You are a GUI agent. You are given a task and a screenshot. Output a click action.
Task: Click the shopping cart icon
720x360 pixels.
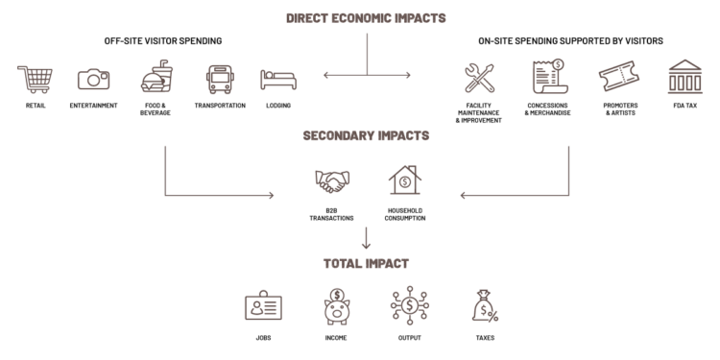click(x=34, y=79)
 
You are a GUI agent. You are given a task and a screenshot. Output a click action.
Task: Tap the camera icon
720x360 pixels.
click(x=93, y=79)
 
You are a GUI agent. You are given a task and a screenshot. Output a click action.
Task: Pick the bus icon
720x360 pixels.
click(x=220, y=79)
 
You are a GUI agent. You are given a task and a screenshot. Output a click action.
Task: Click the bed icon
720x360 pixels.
click(x=277, y=79)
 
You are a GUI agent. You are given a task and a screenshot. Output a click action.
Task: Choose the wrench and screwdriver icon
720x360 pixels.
click(x=479, y=79)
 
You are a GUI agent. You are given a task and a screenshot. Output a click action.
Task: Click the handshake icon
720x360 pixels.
click(x=333, y=181)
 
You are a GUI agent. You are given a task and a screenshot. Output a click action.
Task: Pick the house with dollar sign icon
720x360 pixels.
click(x=404, y=180)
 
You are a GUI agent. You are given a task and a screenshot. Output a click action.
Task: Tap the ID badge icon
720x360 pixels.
click(x=263, y=306)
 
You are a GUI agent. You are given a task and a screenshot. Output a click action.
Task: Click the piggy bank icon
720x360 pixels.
click(x=336, y=306)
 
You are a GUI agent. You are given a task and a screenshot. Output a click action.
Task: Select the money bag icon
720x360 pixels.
click(x=484, y=306)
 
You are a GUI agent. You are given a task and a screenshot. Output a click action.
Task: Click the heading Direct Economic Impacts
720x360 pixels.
click(x=366, y=18)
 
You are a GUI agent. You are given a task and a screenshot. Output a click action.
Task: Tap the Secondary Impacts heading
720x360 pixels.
click(x=366, y=136)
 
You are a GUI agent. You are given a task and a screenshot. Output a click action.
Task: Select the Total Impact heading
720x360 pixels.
click(x=366, y=263)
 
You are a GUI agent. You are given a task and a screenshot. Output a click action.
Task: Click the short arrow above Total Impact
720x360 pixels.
click(x=366, y=239)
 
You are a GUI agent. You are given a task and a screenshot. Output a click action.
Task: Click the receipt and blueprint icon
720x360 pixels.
click(x=549, y=78)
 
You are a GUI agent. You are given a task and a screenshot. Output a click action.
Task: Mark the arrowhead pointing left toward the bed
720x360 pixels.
click(x=325, y=75)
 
